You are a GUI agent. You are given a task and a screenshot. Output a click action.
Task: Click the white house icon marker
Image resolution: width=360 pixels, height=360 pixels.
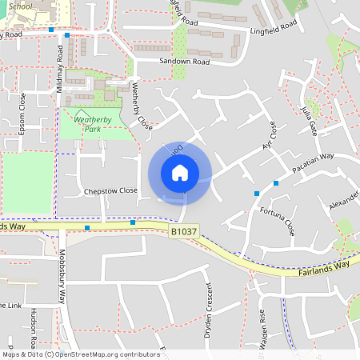point(180,172)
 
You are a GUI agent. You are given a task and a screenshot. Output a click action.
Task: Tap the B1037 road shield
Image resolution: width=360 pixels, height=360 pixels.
point(182,231)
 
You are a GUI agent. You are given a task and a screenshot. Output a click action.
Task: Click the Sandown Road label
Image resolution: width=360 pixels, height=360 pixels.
point(184,61)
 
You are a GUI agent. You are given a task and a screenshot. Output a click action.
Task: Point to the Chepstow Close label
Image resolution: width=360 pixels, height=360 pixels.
point(110,191)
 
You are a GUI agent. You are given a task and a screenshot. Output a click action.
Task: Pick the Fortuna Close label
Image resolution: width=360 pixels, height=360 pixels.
point(278,222)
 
